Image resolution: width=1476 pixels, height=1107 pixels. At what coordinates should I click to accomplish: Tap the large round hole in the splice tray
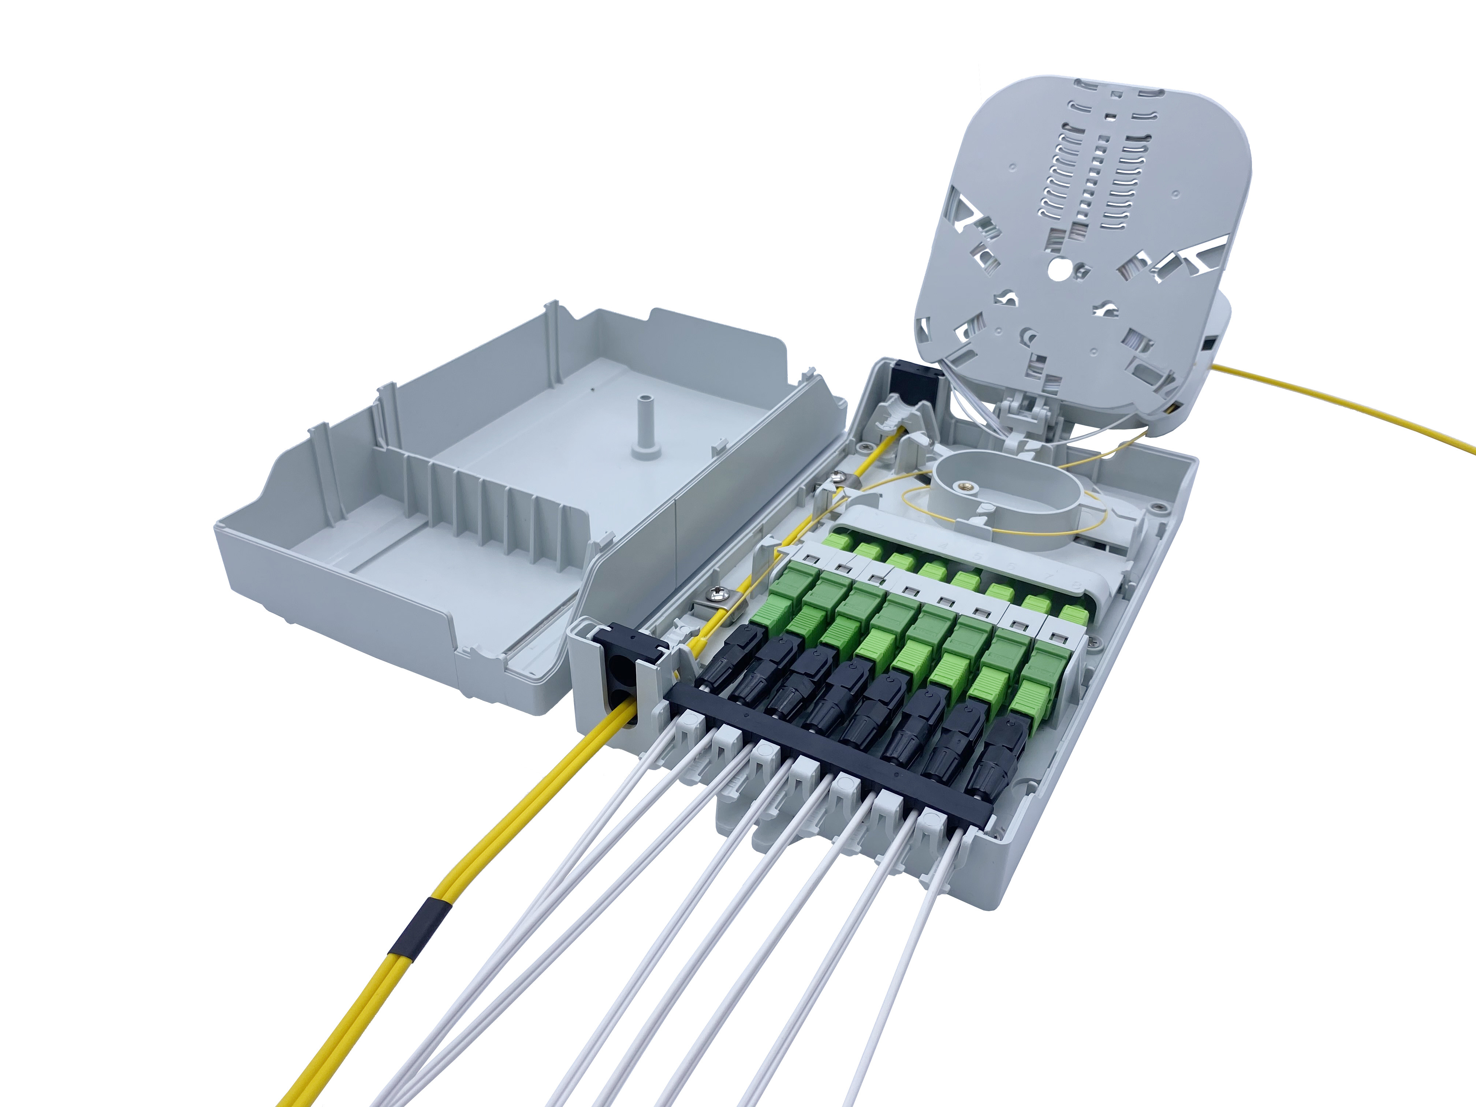(1058, 269)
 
